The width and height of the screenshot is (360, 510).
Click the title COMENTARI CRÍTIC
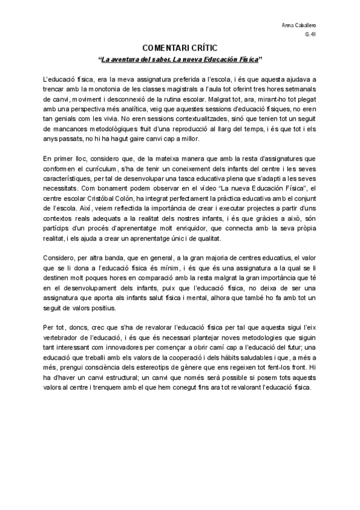180,48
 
